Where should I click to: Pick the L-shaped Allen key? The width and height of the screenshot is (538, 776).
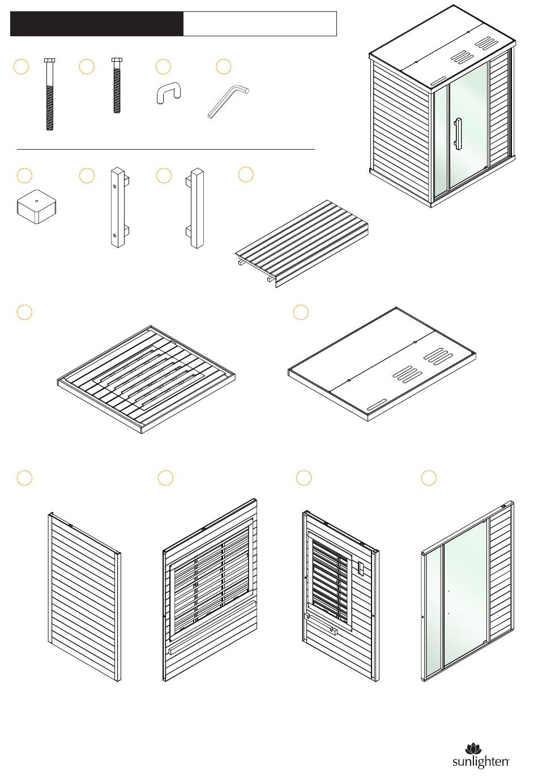point(228,101)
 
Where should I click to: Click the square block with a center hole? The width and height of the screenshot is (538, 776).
point(37,207)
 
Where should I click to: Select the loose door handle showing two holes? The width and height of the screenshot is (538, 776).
point(118,207)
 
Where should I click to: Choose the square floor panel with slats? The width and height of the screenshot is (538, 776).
point(146,376)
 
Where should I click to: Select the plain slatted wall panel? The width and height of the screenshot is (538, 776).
point(84,597)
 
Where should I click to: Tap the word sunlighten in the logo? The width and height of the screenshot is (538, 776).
point(480,761)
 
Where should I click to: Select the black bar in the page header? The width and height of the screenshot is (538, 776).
point(97,24)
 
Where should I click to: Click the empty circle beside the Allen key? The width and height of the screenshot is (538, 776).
point(224,66)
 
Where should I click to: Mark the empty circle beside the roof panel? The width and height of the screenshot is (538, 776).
point(301,312)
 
